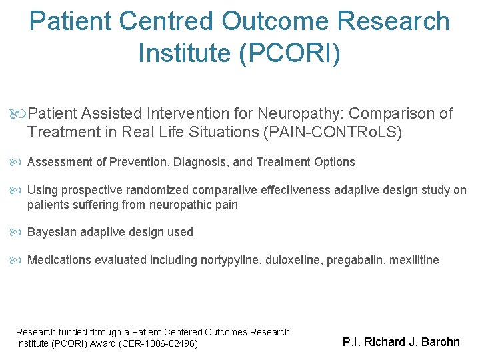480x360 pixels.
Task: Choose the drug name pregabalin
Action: [354, 260]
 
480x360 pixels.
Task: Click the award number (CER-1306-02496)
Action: [161, 343]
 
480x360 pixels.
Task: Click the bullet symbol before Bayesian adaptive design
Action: [19, 232]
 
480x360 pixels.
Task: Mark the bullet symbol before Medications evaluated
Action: [19, 260]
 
